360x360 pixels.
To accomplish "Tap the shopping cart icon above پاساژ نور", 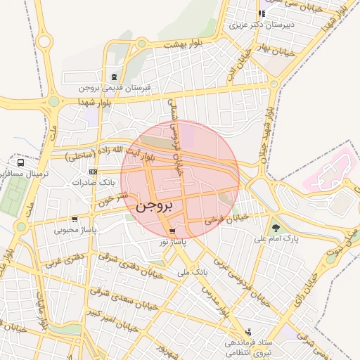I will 172,231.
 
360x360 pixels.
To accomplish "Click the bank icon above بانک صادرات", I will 93,172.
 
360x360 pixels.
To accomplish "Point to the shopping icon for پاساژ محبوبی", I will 75,219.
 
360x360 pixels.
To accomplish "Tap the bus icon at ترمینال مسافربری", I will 22,162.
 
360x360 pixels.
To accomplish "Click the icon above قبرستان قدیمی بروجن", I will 113,77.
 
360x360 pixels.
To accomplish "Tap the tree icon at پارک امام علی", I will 276,227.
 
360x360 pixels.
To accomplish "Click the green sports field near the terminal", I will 11,198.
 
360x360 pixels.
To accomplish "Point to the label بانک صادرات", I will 93,182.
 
